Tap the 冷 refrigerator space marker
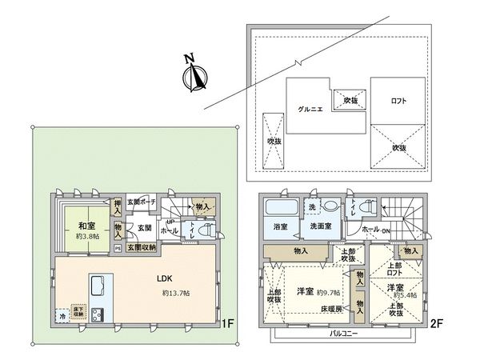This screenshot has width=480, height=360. coord(62,314)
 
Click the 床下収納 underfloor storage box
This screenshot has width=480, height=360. coord(79,310)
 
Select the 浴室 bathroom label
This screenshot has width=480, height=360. coord(279,226)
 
